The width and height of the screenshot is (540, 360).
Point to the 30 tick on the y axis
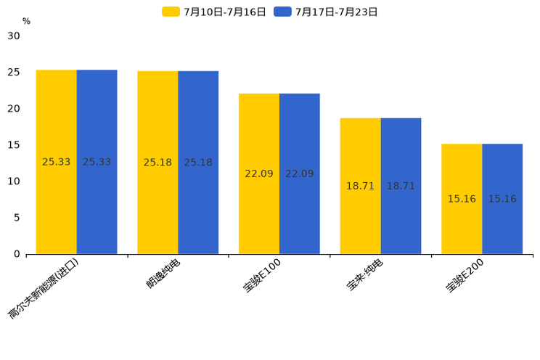14,36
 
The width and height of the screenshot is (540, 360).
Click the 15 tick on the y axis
14,144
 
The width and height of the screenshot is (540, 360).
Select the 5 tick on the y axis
17,217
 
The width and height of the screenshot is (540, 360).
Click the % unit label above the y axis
26,21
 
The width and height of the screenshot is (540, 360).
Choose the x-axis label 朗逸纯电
163,274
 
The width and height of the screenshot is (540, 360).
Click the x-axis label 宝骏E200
465,276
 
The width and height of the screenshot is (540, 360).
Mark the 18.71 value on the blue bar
401,186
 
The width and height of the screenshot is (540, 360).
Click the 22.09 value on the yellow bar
259,173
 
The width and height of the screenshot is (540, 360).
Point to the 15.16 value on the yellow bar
462,199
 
